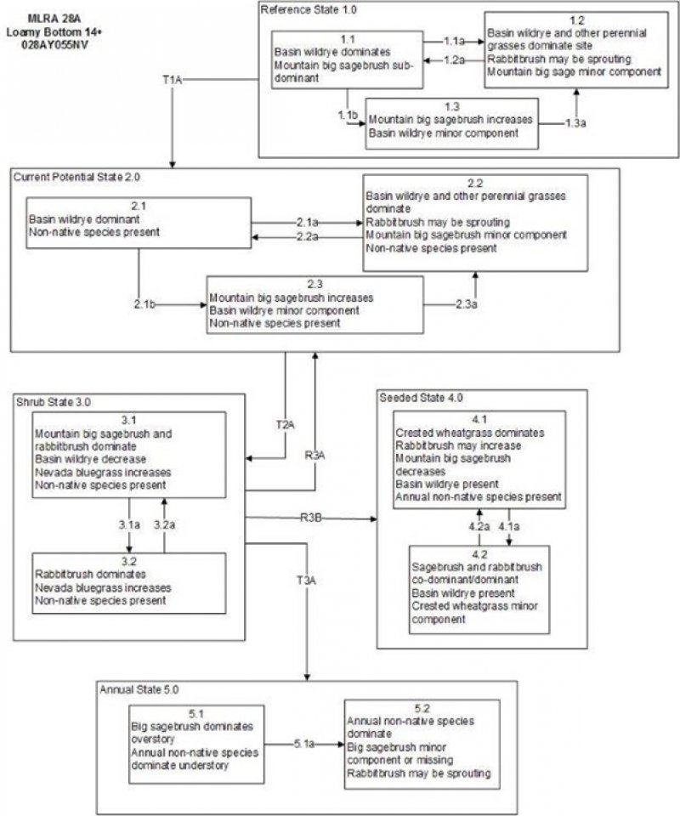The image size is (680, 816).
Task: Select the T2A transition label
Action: [x=286, y=423]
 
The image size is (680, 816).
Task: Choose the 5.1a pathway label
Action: [x=303, y=744]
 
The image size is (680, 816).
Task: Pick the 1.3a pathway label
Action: [x=575, y=124]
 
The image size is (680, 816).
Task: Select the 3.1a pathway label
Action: [x=128, y=526]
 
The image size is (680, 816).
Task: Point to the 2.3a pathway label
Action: [x=465, y=303]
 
